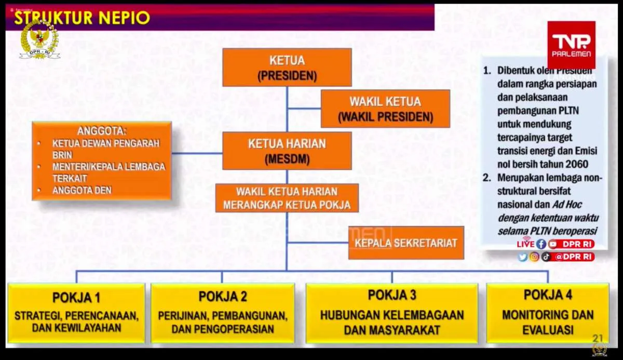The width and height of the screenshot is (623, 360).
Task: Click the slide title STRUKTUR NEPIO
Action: click(82, 18)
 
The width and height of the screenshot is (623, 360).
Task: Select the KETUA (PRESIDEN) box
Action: click(287, 68)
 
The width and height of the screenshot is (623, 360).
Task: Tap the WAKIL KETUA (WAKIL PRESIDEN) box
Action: click(385, 109)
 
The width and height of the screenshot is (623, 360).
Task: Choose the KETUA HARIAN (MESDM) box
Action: click(287, 151)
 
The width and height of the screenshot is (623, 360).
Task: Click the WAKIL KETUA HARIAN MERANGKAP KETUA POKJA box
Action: click(287, 198)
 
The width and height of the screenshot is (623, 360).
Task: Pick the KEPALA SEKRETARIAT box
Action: click(405, 243)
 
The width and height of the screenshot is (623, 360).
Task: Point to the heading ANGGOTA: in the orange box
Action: click(102, 131)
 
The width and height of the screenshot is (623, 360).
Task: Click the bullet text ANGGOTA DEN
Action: click(82, 190)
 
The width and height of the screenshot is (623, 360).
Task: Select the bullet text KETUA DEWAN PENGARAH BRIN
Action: click(105, 149)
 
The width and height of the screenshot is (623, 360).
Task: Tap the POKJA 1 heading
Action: click(76, 298)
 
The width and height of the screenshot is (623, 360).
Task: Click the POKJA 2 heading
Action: click(223, 297)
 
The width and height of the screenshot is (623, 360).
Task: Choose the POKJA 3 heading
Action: click(392, 295)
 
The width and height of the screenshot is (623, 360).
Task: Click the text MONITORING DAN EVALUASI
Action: click(548, 322)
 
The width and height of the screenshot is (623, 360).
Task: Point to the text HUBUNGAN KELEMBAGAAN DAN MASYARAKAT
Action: click(392, 322)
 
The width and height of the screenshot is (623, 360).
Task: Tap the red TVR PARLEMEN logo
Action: click(571, 45)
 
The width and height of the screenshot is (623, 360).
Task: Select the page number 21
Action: click(598, 338)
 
